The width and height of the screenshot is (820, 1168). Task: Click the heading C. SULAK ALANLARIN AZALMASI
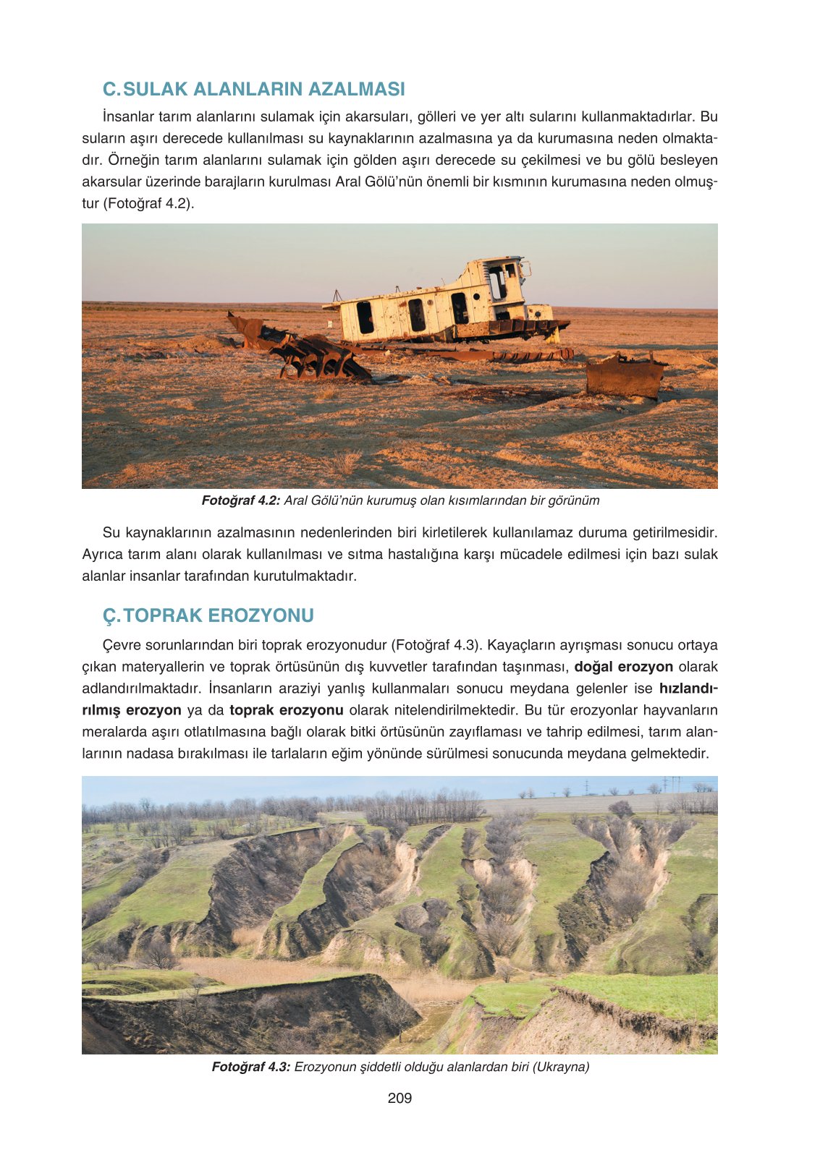click(x=253, y=89)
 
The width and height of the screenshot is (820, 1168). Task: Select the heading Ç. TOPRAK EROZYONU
click(x=208, y=615)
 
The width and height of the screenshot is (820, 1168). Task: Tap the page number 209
click(x=400, y=1098)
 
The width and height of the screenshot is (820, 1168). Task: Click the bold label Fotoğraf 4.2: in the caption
click(x=240, y=500)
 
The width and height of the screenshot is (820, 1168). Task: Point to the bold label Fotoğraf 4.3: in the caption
click(x=251, y=1067)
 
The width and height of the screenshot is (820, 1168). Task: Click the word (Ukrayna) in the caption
click(x=561, y=1067)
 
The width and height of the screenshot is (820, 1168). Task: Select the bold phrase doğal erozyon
click(x=623, y=667)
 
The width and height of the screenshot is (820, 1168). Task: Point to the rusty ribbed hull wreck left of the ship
click(x=304, y=351)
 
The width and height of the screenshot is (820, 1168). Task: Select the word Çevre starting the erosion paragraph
click(x=123, y=645)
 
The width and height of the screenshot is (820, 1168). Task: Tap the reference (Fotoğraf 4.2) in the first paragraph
click(x=148, y=203)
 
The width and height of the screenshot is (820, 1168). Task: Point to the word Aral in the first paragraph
click(x=350, y=182)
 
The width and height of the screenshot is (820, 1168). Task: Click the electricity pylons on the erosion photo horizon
click(x=669, y=784)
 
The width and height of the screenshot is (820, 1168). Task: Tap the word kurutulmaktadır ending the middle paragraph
click(x=305, y=576)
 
